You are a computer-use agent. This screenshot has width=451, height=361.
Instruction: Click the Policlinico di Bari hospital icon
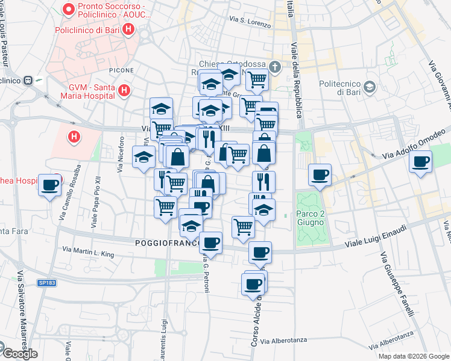pyautogui.click(x=127, y=29)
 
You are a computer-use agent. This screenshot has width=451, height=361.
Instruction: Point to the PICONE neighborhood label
pyautogui.click(x=122, y=70)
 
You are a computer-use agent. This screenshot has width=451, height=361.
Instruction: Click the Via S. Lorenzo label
pyautogui.click(x=247, y=20)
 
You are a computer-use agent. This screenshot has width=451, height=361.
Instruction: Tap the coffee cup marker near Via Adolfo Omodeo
pyautogui.click(x=420, y=161)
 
